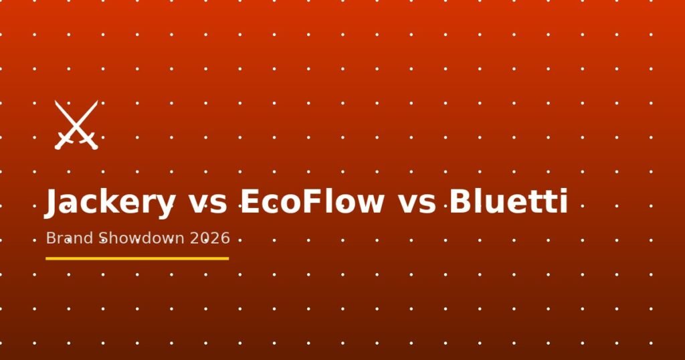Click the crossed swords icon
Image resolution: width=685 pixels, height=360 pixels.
(x=76, y=125)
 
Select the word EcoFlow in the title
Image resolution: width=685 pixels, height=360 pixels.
(x=312, y=201)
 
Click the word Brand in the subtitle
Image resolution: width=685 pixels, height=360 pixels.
(x=70, y=238)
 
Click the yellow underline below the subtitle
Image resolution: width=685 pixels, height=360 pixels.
(x=137, y=259)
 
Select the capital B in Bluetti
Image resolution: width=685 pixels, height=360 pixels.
(x=460, y=201)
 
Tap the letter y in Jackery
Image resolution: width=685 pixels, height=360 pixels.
(x=167, y=207)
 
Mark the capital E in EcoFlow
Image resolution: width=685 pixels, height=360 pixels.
(x=249, y=201)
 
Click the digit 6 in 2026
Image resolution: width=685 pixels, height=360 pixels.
(x=225, y=238)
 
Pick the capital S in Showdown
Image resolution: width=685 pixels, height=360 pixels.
(x=103, y=238)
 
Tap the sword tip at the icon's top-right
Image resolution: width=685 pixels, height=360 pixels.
(x=97, y=101)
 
